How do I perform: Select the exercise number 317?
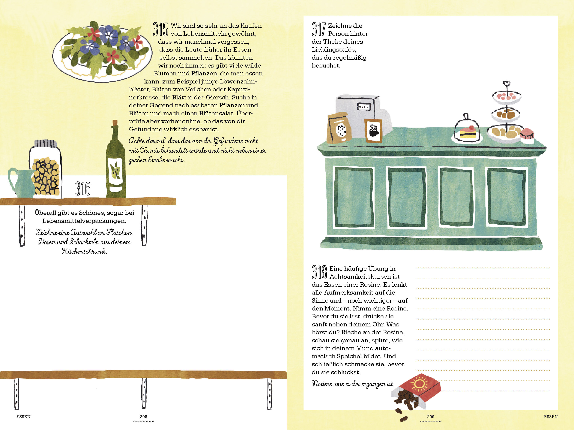[x=319, y=29]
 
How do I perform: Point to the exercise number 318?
[x=319, y=272]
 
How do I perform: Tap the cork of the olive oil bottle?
[x=115, y=123]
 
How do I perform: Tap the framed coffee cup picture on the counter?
[x=373, y=131]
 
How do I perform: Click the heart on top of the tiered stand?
[x=507, y=84]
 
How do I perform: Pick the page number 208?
[x=144, y=416]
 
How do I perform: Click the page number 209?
[x=430, y=416]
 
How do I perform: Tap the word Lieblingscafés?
[x=334, y=50]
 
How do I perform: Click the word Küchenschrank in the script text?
[x=84, y=251]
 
